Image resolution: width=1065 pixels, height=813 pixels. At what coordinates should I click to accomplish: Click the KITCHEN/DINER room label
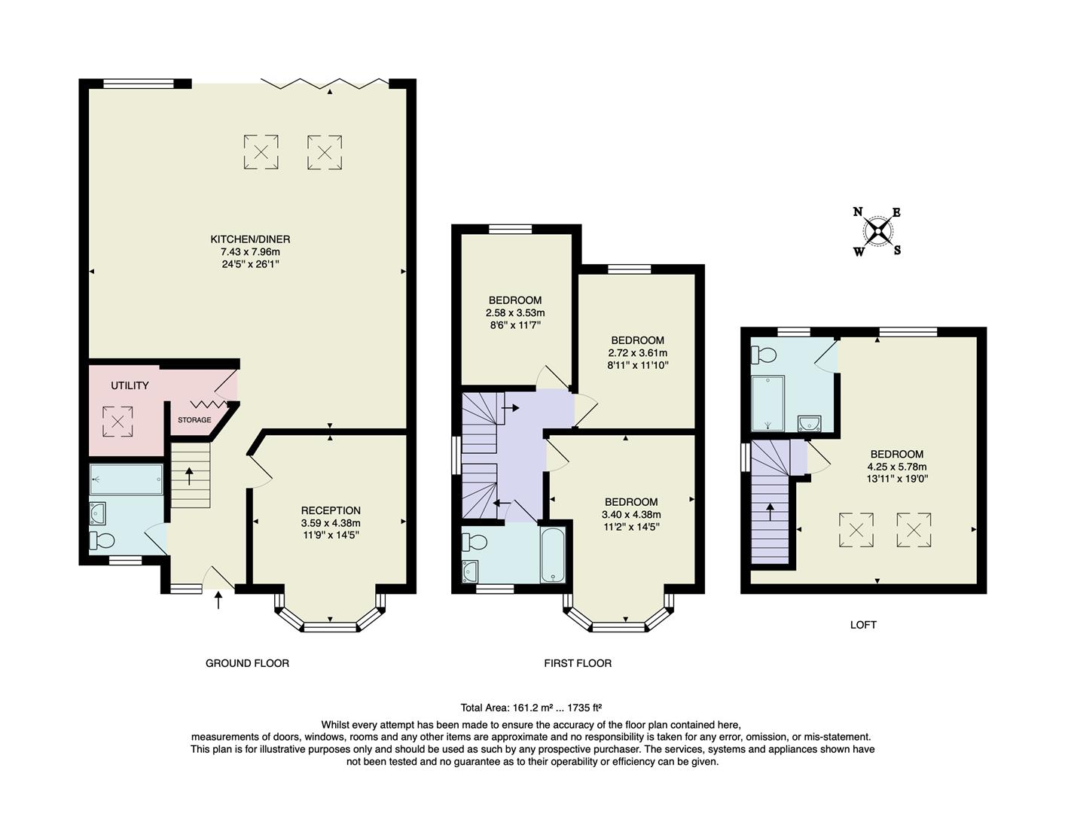(250, 239)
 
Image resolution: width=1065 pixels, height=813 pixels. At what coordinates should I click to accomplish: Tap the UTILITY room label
(130, 385)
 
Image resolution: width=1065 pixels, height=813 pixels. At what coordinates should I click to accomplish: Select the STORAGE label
(194, 420)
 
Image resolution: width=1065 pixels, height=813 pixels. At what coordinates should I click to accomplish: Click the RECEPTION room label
(331, 510)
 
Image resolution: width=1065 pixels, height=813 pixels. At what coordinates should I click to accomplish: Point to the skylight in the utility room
(117, 422)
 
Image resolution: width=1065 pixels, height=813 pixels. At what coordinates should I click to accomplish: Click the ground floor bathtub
(127, 479)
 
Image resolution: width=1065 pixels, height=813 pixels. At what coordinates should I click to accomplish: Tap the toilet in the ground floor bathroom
(101, 540)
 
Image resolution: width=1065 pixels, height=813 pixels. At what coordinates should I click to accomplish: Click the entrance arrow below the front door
(218, 600)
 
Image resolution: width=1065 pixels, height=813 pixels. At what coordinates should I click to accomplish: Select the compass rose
(877, 231)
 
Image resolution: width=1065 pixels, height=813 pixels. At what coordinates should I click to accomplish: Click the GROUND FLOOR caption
(247, 663)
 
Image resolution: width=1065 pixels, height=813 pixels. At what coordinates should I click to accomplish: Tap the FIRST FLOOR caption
(578, 663)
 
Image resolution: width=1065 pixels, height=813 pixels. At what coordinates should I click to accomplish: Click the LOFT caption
(863, 625)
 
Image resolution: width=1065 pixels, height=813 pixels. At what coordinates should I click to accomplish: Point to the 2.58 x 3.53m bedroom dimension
(515, 312)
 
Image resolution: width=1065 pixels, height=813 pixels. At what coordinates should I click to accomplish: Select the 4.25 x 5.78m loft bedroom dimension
(896, 466)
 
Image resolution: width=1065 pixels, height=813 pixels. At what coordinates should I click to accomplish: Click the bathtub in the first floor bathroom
(553, 555)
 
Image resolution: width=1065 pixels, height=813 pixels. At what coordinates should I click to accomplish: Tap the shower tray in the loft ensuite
(767, 403)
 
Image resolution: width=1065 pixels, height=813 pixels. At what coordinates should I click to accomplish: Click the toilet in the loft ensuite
(764, 355)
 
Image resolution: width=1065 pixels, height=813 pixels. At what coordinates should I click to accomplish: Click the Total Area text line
(531, 708)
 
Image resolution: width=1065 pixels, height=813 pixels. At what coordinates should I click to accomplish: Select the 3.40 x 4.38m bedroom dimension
(631, 514)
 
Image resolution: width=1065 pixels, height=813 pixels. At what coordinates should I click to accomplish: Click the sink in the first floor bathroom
(471, 571)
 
